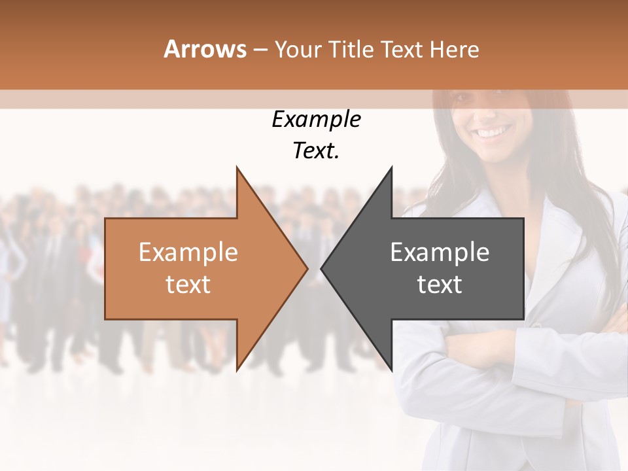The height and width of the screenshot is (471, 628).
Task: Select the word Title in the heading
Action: tap(352, 50)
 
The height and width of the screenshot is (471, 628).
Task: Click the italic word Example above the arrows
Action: tap(316, 120)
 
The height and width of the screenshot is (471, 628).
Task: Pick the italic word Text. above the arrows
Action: tap(316, 151)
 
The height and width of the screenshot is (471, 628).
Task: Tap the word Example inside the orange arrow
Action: tap(188, 253)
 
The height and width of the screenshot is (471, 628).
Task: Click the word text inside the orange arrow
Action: tap(188, 285)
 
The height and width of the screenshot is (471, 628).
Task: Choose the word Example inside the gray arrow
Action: tap(440, 253)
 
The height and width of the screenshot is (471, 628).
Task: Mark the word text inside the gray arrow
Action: tap(440, 285)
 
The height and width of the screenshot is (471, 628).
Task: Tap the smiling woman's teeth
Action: tap(494, 133)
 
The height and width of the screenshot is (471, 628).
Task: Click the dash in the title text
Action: tap(260, 50)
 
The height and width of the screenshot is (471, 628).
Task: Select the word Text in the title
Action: tap(401, 50)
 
